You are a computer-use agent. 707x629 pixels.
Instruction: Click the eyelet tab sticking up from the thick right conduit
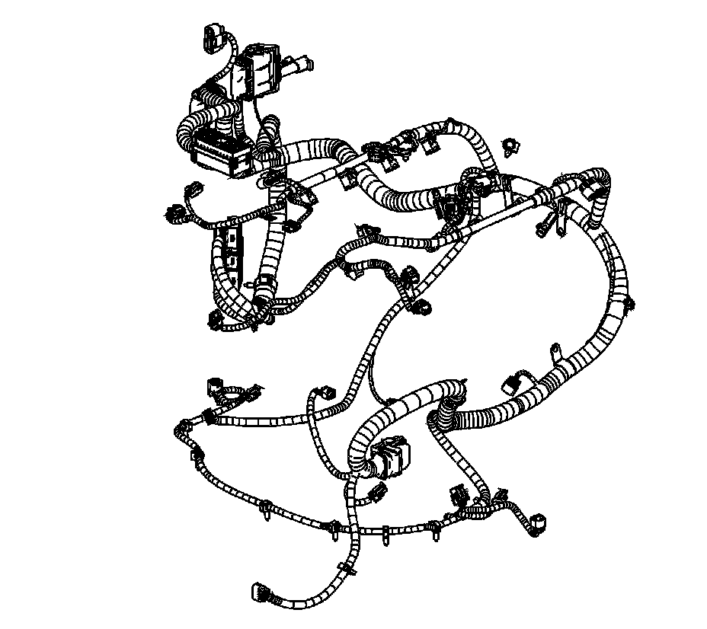coord(555,353)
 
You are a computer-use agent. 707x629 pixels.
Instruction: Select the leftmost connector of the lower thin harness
coord(213,385)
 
